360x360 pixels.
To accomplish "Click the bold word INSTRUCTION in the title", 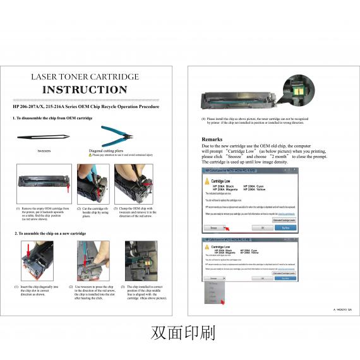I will coord(85,90).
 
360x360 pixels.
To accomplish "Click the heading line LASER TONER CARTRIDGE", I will coord(85,76).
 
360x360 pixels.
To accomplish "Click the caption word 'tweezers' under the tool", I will coord(44,151).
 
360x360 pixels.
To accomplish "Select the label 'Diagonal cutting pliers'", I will coord(106,151).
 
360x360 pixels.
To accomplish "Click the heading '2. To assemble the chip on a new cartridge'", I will coord(51,234).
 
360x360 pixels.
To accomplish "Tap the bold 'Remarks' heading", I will coord(212,139).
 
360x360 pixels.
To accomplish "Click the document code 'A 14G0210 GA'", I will coord(342,309).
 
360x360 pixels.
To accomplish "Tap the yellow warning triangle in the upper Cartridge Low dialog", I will coord(207,181).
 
